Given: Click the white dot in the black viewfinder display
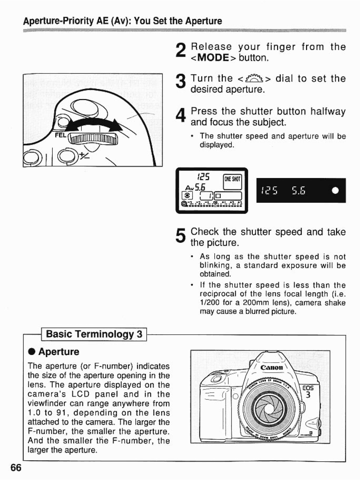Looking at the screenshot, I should pos(335,191).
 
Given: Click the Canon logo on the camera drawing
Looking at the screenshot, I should pos(272,368).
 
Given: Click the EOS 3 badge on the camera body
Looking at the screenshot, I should pos(308,392).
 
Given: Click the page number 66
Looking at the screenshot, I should pos(16,468).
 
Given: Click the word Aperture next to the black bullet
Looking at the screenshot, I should pos(59,352).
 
